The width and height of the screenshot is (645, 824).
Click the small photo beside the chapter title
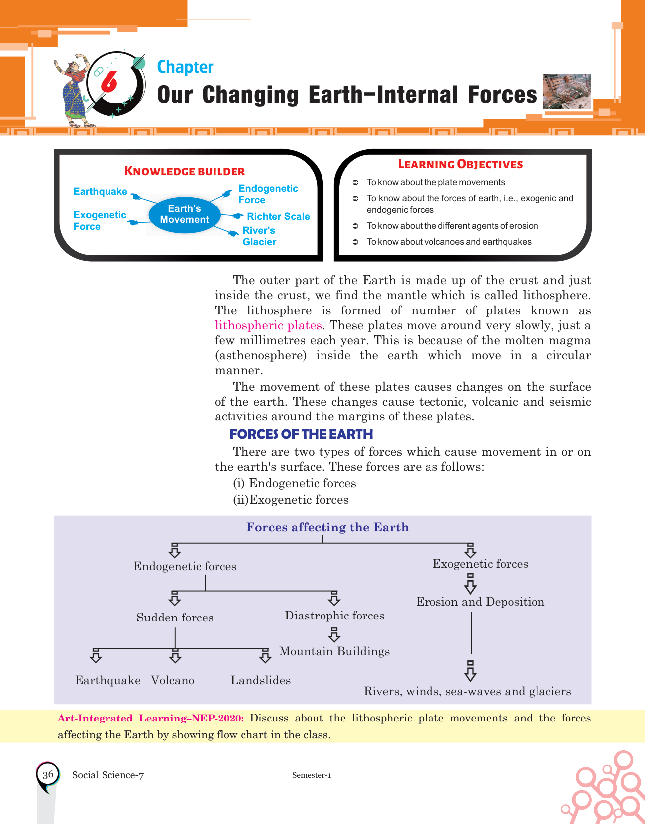click(x=567, y=91)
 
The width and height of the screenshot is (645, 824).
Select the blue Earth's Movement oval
click(x=184, y=214)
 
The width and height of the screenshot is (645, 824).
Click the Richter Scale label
click(x=278, y=216)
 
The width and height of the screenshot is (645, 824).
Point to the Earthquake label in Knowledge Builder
click(x=100, y=192)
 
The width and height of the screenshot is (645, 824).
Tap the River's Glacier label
click(x=259, y=236)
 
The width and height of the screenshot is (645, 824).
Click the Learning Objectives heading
click(x=460, y=164)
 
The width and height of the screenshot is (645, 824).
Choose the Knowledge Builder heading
click(x=185, y=171)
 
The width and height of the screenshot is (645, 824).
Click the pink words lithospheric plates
click(x=268, y=325)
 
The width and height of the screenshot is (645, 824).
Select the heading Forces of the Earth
click(x=301, y=434)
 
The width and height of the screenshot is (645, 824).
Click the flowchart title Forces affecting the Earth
click(x=327, y=527)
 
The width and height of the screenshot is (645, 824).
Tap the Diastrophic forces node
click(x=334, y=616)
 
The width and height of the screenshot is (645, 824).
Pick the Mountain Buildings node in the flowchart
click(x=334, y=651)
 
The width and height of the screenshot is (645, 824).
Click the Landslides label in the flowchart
click(x=261, y=680)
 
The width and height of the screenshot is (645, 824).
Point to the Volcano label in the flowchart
click(x=173, y=680)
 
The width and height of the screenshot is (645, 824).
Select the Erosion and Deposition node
click(x=480, y=602)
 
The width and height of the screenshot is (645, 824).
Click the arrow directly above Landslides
click(x=265, y=656)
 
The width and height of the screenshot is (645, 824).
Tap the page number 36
click(x=48, y=774)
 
